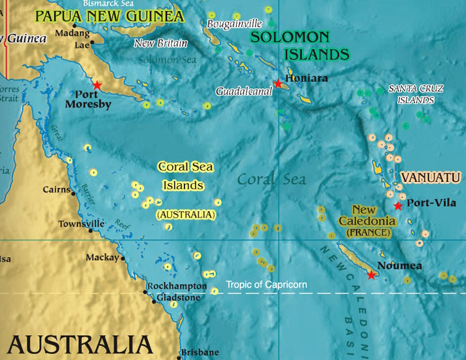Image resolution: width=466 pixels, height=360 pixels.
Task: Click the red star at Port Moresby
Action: click(x=97, y=85)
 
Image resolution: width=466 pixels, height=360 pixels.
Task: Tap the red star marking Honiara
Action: click(x=278, y=83)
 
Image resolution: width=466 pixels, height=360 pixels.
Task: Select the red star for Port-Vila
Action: click(x=398, y=205)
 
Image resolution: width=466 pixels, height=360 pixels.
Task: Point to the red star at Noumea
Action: click(x=371, y=274)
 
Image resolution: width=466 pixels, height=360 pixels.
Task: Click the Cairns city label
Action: click(x=57, y=189)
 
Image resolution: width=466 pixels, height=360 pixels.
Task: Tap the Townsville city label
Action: click(x=78, y=223)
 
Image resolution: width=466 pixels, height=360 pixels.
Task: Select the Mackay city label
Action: click(x=103, y=257)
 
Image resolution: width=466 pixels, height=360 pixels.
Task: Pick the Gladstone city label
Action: click(x=178, y=298)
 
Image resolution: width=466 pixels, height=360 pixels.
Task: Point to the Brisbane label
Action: click(x=200, y=353)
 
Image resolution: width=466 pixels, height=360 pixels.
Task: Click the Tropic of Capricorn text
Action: click(x=266, y=285)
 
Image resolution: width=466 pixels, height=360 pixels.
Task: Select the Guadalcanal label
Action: click(x=244, y=91)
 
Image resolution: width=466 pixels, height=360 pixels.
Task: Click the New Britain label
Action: click(x=161, y=43)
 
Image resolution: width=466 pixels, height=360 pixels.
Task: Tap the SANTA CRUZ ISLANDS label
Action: click(x=411, y=94)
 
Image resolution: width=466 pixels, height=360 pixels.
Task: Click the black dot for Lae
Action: click(x=92, y=43)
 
